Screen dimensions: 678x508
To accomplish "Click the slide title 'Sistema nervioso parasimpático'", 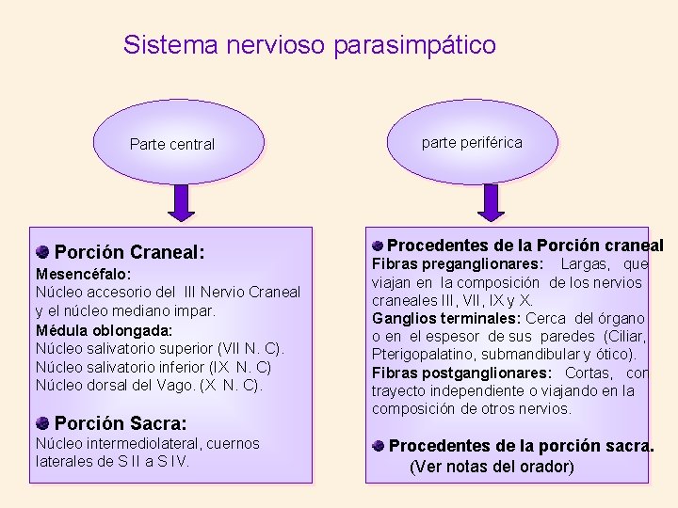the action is coord(309,44).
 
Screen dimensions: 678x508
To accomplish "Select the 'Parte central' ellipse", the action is coord(171,142).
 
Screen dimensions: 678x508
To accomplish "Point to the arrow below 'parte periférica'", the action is coord(491,200).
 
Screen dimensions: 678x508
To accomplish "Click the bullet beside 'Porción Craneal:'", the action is coord(43,252).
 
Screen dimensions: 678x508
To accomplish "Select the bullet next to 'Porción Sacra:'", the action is coord(43,422).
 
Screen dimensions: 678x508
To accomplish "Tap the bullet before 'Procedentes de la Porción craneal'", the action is coord(377,245).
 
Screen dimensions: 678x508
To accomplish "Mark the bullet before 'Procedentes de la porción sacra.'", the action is coord(378,445).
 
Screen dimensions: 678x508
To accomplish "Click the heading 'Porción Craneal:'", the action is coord(129,252).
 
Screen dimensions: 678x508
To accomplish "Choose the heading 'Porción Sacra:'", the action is coord(121,423).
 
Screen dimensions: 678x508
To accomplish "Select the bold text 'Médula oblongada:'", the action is coord(104,330).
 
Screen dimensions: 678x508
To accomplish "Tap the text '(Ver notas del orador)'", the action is coord(492,467).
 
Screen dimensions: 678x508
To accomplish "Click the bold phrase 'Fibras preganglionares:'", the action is coord(457,264).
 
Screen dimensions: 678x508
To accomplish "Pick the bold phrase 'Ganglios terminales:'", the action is coord(446,318).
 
